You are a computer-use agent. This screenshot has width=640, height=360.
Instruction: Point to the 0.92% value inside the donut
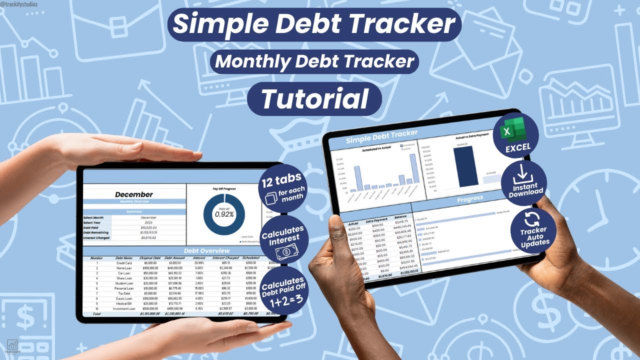pos(224,214)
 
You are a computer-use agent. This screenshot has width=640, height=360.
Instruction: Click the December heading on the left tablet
pos(134,194)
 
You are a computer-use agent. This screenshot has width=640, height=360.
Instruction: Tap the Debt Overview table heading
pos(206,250)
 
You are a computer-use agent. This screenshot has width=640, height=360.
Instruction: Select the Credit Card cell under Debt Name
pos(124,263)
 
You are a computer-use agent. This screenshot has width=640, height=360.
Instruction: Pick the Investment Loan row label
pos(124,309)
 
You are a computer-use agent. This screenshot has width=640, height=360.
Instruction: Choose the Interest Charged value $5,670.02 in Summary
pos(148,238)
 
